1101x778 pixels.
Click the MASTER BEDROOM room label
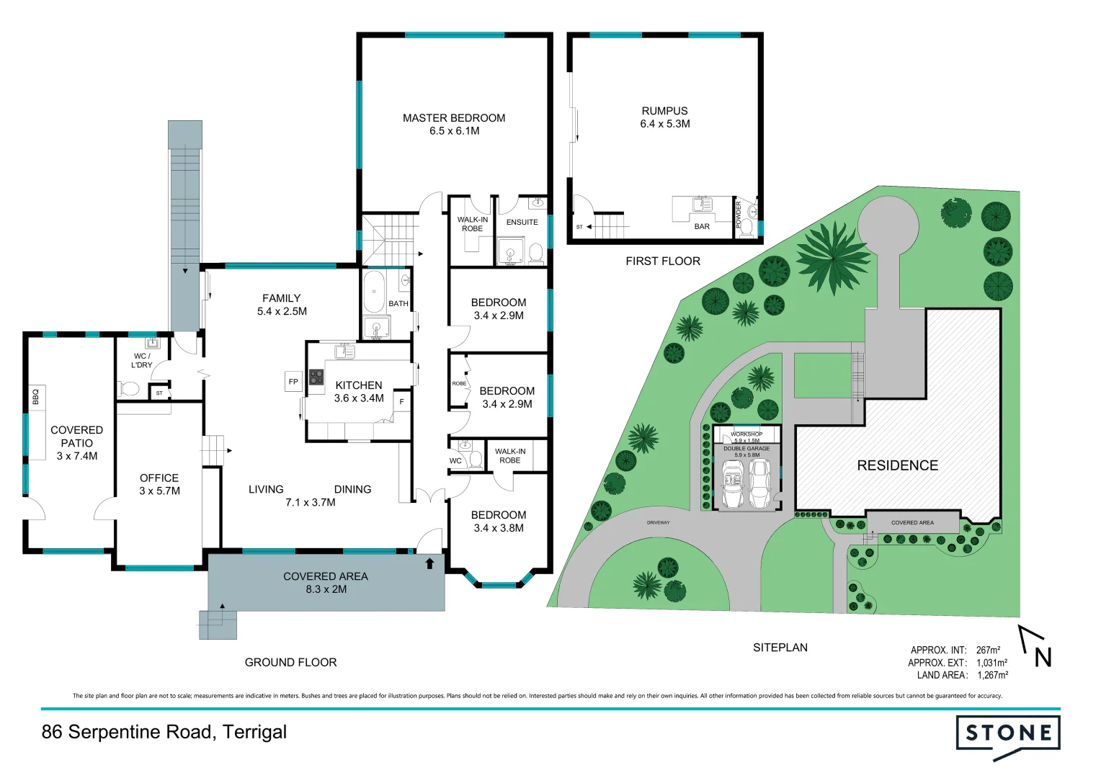[x=453, y=118]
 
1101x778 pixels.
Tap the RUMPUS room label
[x=664, y=111]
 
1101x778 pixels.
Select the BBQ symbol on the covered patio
[x=35, y=396]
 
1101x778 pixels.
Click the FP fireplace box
[x=293, y=382]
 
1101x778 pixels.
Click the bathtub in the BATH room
[x=373, y=292]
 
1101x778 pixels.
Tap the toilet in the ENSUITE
[x=535, y=253]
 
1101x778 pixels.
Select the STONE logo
[x=1008, y=734]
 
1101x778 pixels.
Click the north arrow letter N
[x=1043, y=657]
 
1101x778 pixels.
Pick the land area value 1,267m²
[x=992, y=675]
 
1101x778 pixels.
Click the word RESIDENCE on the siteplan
[x=897, y=465]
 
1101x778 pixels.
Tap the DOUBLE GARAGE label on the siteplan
[x=746, y=448]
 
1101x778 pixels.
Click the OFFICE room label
[x=159, y=478]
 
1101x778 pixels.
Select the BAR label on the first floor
[x=702, y=226]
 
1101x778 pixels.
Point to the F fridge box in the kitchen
[x=401, y=401]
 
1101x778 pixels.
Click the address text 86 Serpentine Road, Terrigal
[x=164, y=732]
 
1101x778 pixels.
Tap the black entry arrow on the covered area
[x=429, y=563]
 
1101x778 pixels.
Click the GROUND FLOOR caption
[x=290, y=662]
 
